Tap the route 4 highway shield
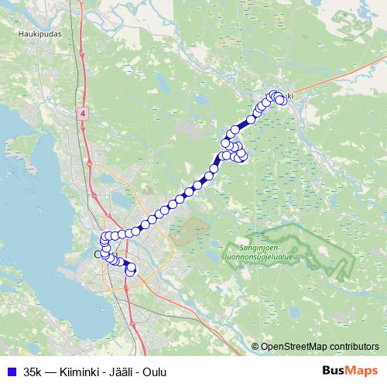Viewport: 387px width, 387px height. [x=83, y=113]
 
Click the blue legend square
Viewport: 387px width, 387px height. [x=11, y=372]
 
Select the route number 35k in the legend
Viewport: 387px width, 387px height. [x=33, y=372]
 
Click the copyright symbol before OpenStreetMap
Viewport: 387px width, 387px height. [x=255, y=346]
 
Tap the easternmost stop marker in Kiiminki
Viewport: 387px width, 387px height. [x=282, y=100]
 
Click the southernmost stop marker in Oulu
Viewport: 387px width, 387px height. [x=130, y=271]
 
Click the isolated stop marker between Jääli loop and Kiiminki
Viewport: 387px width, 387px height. [x=251, y=118]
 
